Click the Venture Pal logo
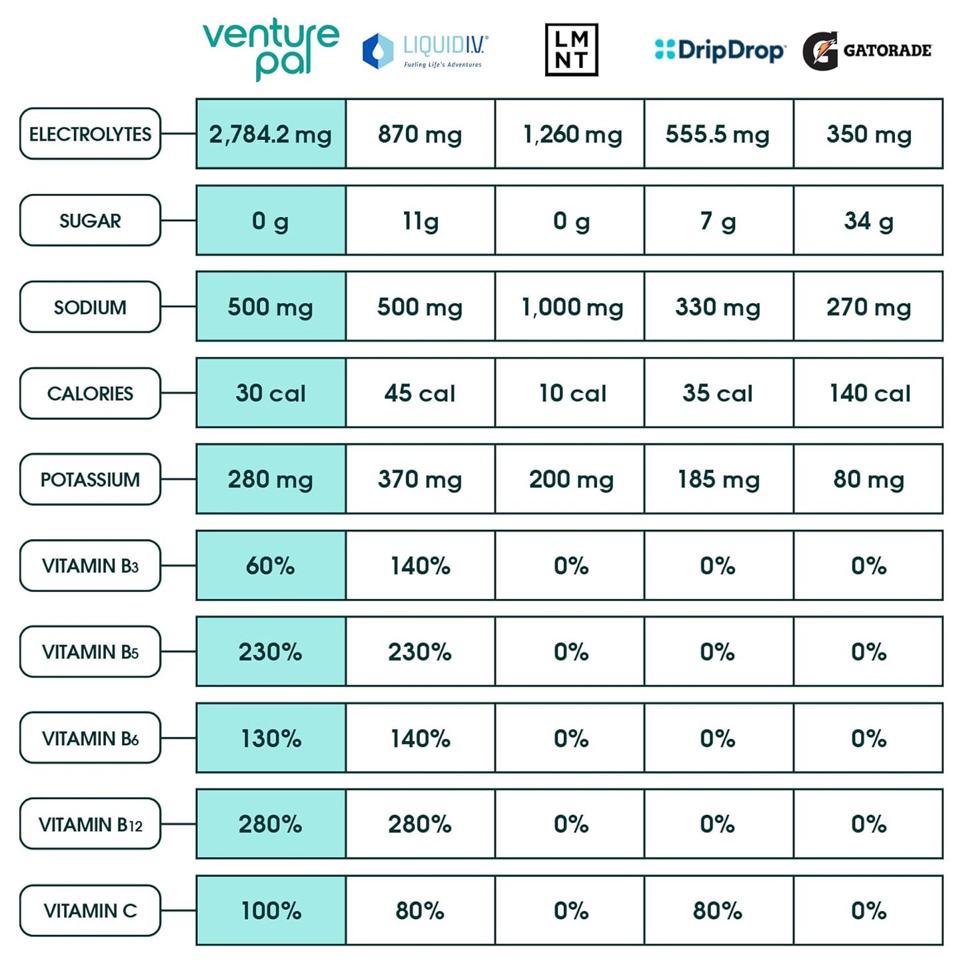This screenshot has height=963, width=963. [271, 49]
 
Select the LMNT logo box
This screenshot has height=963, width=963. [571, 50]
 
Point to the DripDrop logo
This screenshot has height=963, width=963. [720, 51]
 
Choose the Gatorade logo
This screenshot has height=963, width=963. [867, 51]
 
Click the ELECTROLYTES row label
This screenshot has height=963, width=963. [90, 134]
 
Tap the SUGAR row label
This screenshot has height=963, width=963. [90, 221]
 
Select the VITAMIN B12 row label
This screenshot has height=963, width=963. [90, 824]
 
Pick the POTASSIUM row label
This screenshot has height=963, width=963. [90, 480]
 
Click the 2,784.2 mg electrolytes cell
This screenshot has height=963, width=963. [271, 134]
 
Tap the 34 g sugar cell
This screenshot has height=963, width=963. [868, 221]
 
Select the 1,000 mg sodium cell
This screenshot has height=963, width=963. [570, 307]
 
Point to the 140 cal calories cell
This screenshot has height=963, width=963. [868, 393]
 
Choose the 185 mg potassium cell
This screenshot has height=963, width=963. [718, 479]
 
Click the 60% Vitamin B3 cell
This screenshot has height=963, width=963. [271, 566]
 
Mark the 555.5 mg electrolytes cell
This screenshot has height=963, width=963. [718, 134]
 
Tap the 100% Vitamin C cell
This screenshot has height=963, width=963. [271, 910]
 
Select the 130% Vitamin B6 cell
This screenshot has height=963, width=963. [271, 738]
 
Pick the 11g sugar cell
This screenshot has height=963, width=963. [421, 221]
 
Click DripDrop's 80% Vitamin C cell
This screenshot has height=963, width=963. [718, 910]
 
